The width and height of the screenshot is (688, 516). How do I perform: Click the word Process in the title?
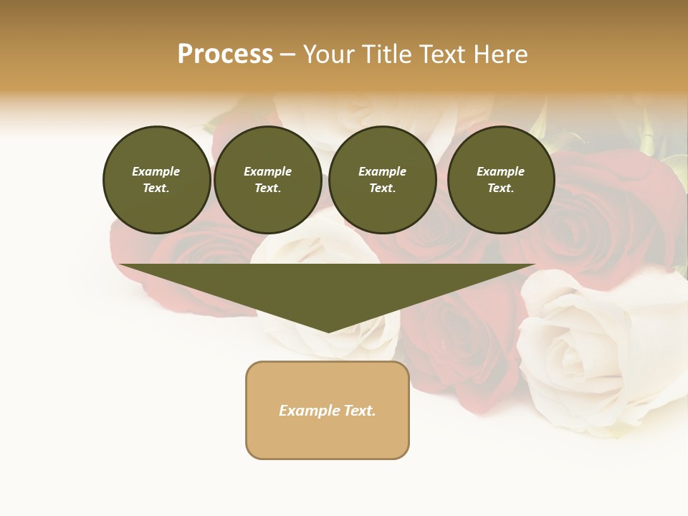(225, 54)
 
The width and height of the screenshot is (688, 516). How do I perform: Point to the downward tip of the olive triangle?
(328, 330)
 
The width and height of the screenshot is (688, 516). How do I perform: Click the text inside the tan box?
(328, 411)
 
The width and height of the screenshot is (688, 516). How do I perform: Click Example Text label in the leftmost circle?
(156, 180)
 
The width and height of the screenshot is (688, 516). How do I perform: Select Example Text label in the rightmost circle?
(500, 180)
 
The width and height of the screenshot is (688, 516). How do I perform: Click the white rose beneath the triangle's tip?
(337, 344)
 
